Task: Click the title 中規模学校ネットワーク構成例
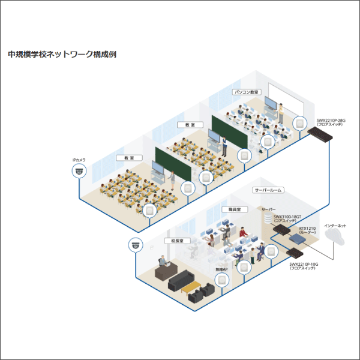pyautogui.click(x=62, y=55)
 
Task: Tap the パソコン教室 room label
pyautogui.click(x=246, y=92)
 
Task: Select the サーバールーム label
pyautogui.click(x=268, y=190)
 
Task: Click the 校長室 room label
pyautogui.click(x=178, y=240)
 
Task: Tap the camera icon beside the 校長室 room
pyautogui.click(x=136, y=244)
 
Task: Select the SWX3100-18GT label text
pyautogui.click(x=287, y=217)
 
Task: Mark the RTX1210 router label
pyautogui.click(x=307, y=228)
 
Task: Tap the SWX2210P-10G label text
pyautogui.click(x=303, y=264)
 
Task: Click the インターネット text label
pyautogui.click(x=335, y=226)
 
